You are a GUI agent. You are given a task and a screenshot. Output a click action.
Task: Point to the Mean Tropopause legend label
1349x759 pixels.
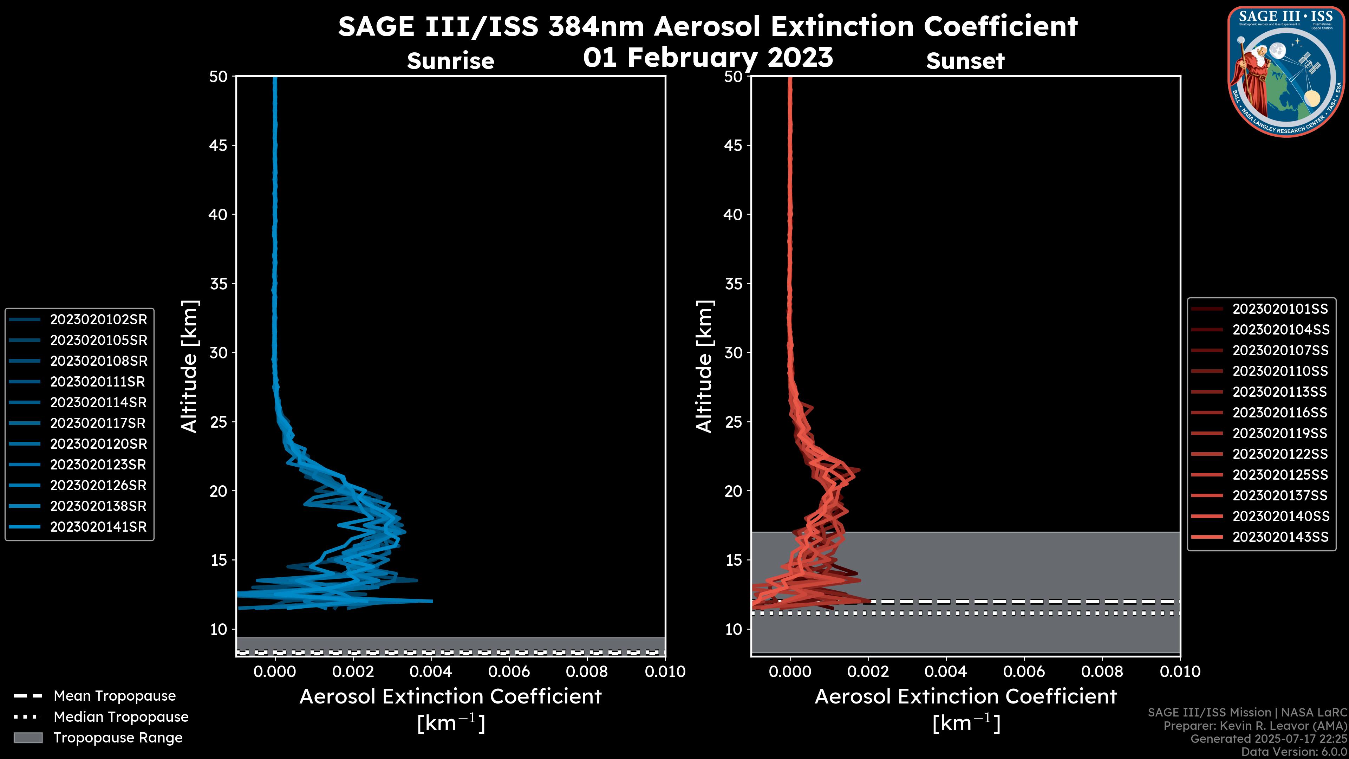coord(115,696)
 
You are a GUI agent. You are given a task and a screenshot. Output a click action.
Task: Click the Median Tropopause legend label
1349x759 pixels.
coord(121,716)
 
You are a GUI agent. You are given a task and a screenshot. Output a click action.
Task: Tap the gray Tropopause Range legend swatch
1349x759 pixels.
coord(28,738)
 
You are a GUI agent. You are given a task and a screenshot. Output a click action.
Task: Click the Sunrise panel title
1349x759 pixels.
coord(450,61)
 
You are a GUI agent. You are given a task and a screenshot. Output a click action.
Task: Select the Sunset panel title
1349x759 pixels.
coord(965,61)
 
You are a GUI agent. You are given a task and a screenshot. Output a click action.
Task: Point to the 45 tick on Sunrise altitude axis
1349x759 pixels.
coord(219,145)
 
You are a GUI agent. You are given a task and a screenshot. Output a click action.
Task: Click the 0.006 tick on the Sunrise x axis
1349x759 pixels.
coord(508,672)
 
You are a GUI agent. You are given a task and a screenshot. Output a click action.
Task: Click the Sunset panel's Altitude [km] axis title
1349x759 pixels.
coord(704,366)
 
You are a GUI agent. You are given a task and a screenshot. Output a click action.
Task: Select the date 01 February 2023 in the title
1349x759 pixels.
coord(708,57)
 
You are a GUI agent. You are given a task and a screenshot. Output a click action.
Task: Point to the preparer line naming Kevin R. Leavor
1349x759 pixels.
coord(1255,726)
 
